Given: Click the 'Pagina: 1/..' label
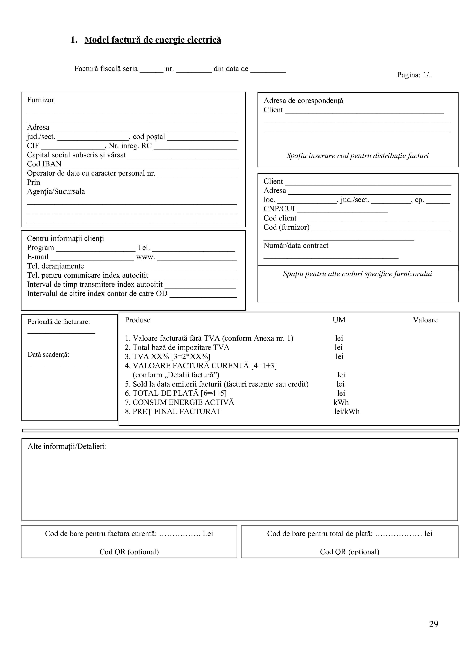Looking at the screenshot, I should click(x=415, y=75).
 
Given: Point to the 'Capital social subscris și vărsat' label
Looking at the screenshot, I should click(x=77, y=155).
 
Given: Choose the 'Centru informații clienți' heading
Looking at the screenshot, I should click(x=65, y=239).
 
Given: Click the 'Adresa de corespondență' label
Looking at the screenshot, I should click(x=303, y=101).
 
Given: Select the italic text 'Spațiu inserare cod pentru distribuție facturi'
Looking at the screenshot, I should click(x=357, y=156).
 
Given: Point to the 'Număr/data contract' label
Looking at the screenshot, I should click(x=296, y=246).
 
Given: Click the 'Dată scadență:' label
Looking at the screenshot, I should click(x=48, y=355).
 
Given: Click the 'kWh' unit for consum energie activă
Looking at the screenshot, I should click(x=341, y=402).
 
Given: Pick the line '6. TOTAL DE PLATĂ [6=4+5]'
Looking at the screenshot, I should click(x=176, y=393).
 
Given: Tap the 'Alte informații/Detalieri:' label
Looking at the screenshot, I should click(x=67, y=447).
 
